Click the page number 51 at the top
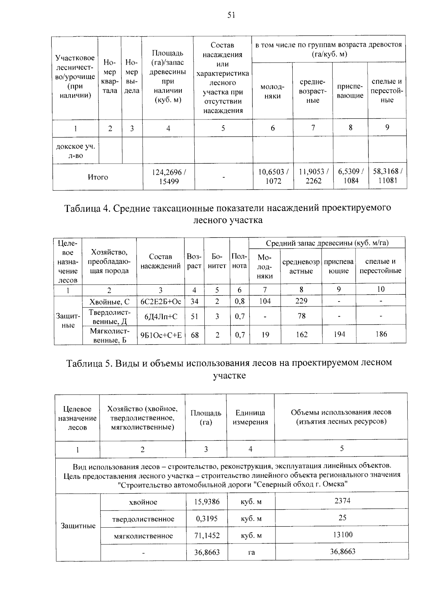[231, 15]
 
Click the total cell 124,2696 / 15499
[169, 177]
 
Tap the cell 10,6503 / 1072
[273, 176]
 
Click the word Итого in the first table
[98, 177]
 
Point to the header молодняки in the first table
[273, 92]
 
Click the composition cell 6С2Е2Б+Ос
[161, 302]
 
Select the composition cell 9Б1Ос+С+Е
[161, 335]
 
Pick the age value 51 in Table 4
[195, 316]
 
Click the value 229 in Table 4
[301, 301]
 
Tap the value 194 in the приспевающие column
[339, 334]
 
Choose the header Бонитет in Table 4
[217, 261]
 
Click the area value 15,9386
[207, 501]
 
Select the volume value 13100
[342, 535]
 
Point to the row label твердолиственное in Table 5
[143, 519]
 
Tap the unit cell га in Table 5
[251, 552]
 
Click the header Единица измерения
[250, 417]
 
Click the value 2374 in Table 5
[342, 501]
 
